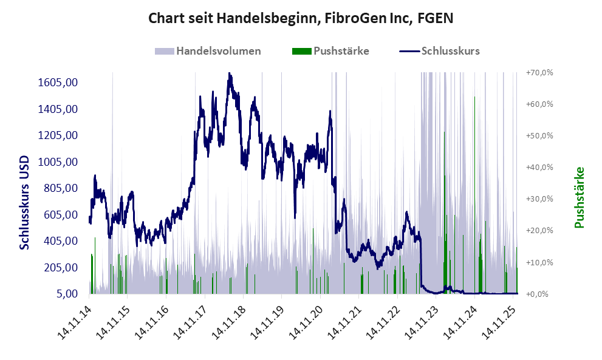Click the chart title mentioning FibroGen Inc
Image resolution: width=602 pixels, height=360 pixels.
click(x=301, y=18)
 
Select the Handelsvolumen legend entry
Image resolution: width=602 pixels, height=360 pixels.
click(x=208, y=51)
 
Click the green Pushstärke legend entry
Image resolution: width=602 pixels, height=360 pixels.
click(x=331, y=51)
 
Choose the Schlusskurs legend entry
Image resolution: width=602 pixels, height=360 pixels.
click(x=440, y=51)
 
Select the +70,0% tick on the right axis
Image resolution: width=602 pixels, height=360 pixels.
click(x=538, y=72)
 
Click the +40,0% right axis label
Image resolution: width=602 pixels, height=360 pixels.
click(x=538, y=167)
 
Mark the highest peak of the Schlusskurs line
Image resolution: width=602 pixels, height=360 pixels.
click(x=229, y=74)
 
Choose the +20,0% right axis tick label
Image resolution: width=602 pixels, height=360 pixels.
click(x=538, y=231)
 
